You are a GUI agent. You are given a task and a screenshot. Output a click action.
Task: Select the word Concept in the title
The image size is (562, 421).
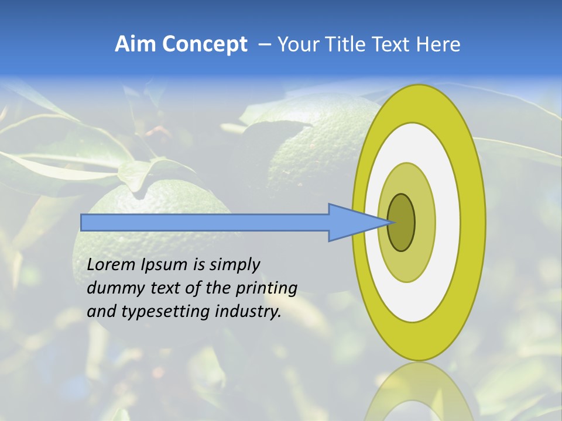click(204, 44)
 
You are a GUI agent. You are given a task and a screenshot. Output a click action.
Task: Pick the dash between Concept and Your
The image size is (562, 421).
click(264, 45)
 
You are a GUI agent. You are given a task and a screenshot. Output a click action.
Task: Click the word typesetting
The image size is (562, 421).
click(166, 312)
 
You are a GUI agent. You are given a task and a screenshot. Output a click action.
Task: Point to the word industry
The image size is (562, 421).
click(249, 312)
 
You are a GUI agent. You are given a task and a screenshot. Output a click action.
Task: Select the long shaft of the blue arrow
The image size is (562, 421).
click(205, 223)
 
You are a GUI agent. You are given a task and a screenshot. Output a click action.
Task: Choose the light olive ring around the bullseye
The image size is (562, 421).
click(424, 223)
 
